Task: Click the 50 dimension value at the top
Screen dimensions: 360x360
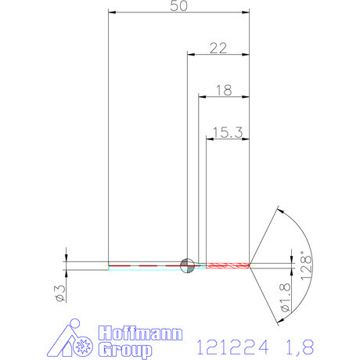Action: (x=178, y=7)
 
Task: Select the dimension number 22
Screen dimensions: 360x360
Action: (x=218, y=48)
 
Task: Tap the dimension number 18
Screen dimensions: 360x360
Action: (x=222, y=90)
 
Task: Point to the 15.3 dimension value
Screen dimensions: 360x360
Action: (x=226, y=132)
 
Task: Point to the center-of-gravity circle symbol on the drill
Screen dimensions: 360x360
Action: (x=187, y=265)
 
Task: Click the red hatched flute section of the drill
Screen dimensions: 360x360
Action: (x=227, y=265)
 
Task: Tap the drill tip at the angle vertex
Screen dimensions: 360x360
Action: (x=250, y=265)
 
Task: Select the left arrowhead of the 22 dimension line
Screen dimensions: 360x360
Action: (x=191, y=54)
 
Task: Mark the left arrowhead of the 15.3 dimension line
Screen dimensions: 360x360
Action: (x=209, y=139)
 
